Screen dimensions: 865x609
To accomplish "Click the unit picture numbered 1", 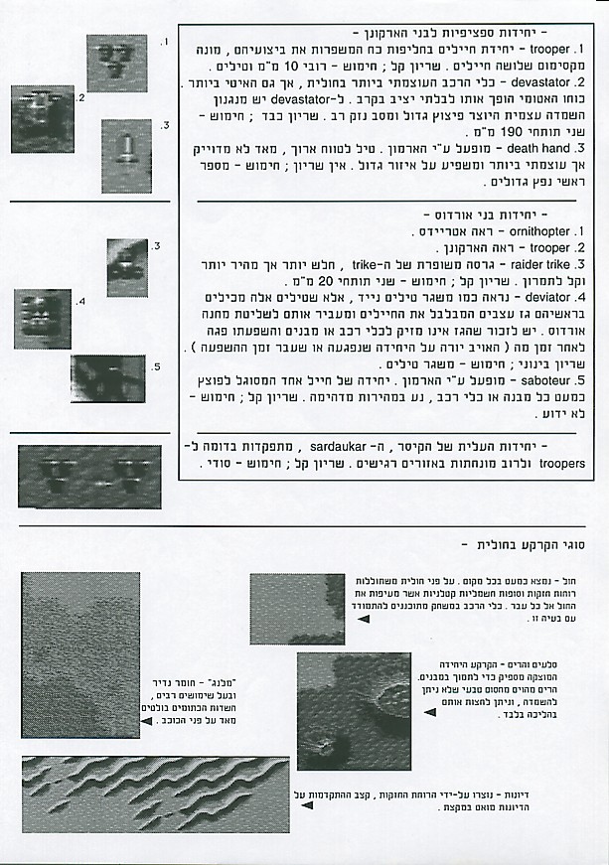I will [116, 62].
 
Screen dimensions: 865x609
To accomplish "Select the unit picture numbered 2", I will [43, 118].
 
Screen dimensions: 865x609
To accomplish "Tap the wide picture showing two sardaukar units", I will [89, 475].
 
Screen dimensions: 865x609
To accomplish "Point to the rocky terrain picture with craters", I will [354, 711].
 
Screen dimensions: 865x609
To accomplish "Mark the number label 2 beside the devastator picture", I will [81, 98].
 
